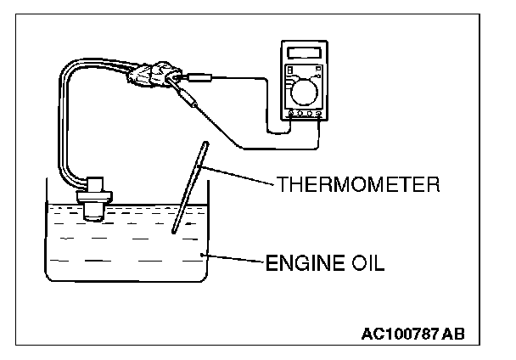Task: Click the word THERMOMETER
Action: tap(357, 184)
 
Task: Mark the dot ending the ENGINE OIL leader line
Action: tap(201, 255)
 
